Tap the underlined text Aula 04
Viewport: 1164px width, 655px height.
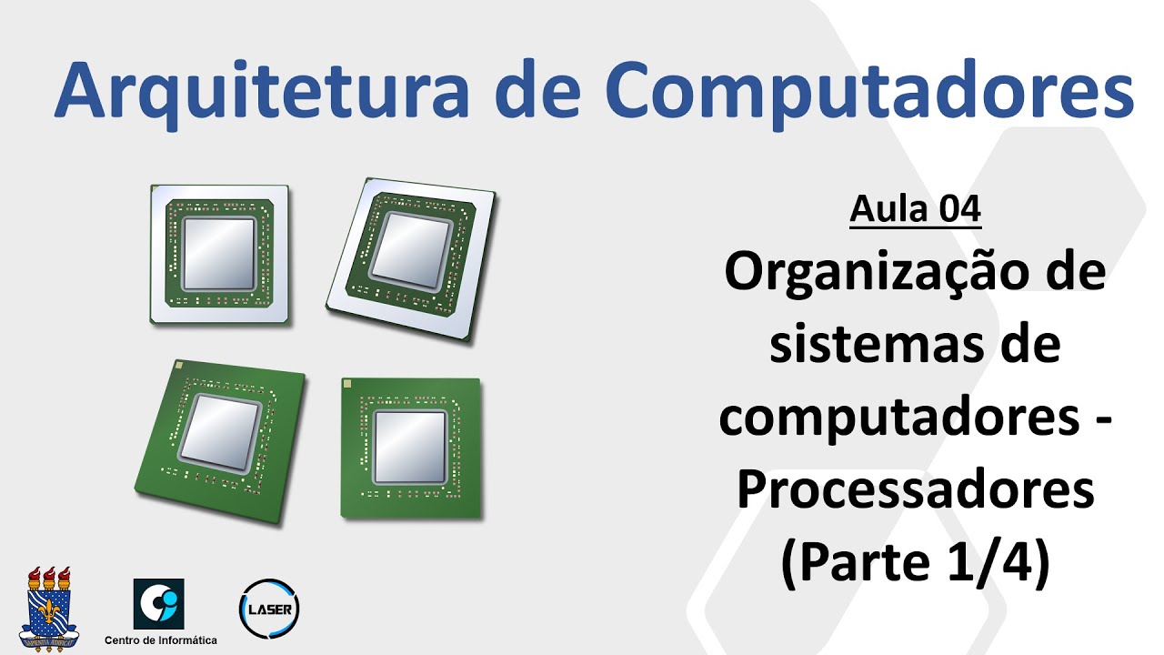click(916, 210)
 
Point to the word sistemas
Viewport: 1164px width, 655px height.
click(864, 348)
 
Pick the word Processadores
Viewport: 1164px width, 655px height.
click(916, 491)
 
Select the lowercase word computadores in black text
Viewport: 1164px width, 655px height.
click(905, 420)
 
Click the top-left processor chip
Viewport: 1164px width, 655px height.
click(219, 254)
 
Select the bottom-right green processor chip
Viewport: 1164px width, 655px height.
click(411, 448)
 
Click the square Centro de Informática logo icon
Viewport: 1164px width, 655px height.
click(159, 604)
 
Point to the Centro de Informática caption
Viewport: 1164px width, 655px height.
click(161, 640)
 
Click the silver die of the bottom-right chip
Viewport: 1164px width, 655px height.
click(411, 446)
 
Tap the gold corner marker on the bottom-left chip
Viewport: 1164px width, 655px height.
click(179, 365)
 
